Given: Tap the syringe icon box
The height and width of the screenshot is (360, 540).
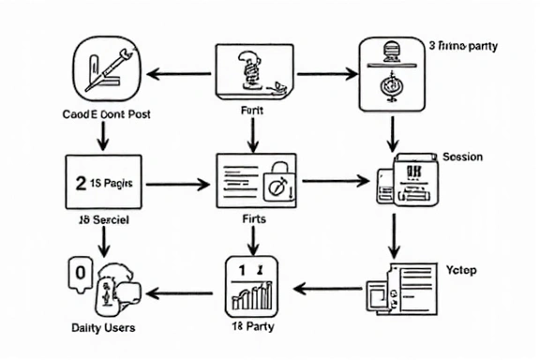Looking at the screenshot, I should click(x=106, y=73).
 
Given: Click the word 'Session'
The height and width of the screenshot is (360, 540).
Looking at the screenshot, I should click(x=462, y=157).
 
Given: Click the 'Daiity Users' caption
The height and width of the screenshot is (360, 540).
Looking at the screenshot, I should click(x=103, y=327).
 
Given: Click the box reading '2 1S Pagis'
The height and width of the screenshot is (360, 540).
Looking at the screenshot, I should click(x=103, y=182).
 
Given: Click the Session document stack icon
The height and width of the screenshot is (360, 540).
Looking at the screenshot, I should click(x=402, y=180).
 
